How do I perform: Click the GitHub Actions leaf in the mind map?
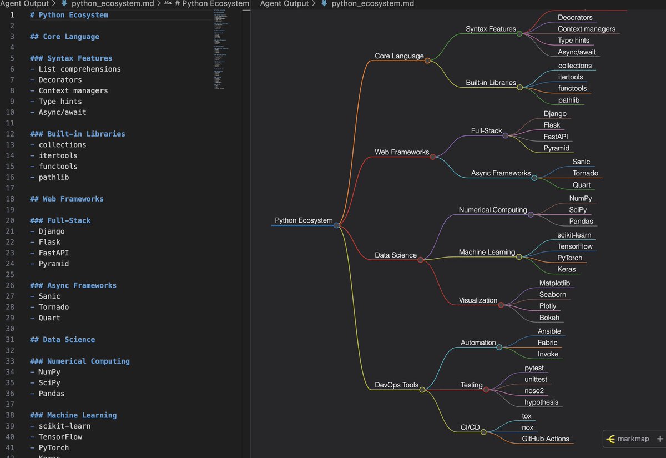tap(545, 439)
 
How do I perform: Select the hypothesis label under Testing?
tap(541, 402)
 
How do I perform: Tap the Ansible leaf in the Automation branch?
tap(549, 331)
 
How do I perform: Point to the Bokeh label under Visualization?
tap(549, 318)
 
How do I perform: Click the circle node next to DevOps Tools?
tap(422, 390)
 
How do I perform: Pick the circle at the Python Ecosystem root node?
tap(336, 225)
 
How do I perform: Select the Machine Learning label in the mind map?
tap(487, 253)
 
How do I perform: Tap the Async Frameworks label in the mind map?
tap(501, 173)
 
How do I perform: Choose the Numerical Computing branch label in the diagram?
tap(492, 210)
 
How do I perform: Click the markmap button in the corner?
tap(628, 439)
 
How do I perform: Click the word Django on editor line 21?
tap(51, 231)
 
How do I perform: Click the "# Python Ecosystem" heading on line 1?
tap(69, 15)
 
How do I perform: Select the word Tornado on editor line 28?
tap(53, 307)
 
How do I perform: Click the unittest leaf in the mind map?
tap(536, 379)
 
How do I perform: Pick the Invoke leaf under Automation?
tap(548, 354)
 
